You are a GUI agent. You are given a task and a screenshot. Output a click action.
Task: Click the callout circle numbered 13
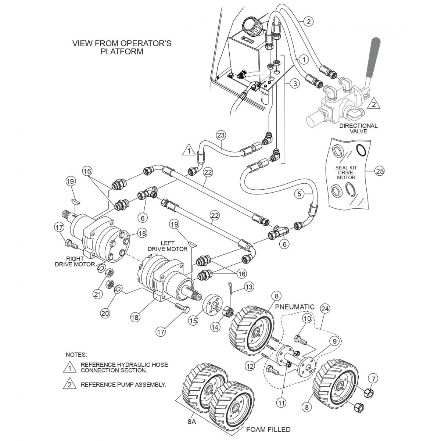pos(249,286)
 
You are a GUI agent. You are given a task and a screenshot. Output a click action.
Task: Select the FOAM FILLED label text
pos(268,429)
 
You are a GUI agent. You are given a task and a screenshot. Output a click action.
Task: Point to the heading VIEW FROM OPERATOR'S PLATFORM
pos(122,47)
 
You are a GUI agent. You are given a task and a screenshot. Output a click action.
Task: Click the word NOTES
pos(76,355)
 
